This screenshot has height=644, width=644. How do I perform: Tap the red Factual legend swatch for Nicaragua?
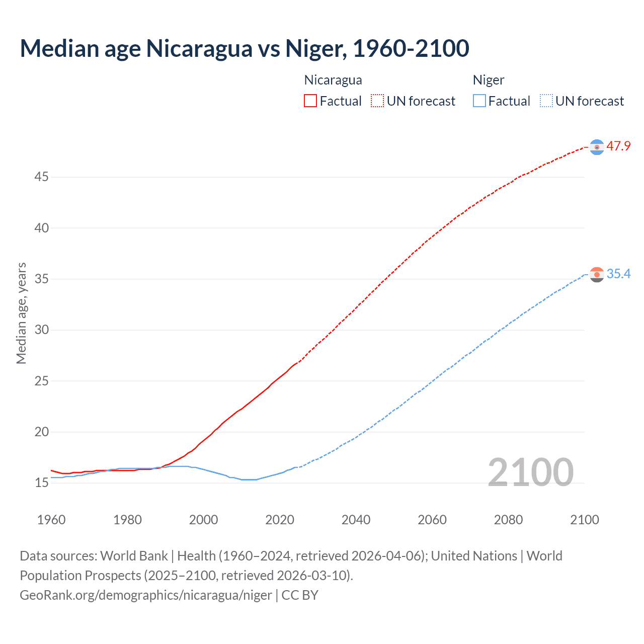pos(310,101)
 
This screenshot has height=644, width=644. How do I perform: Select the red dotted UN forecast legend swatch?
pos(377,101)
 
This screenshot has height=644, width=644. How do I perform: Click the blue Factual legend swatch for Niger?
pos(479,101)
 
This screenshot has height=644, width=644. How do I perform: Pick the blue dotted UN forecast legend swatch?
pos(546,101)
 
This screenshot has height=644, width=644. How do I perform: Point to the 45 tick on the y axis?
pos(42,177)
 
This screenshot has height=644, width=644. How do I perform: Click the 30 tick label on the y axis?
pos(42,330)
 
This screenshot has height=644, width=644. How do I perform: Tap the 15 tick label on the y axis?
pos(42,483)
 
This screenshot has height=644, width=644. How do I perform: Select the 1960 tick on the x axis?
pos(51,520)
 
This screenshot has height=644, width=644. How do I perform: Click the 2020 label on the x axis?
pos(280,520)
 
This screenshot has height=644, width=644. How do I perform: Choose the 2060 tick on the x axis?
pos(432,520)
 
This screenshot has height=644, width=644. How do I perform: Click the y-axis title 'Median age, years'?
pos(21,313)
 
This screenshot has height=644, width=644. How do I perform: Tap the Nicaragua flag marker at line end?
pos(597,147)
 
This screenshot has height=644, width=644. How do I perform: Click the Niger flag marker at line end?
pos(597,275)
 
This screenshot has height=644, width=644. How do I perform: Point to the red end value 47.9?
pos(618,146)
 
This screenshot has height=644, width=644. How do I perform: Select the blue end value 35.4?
pos(618,274)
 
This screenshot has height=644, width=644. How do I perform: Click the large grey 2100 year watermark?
pos(531,472)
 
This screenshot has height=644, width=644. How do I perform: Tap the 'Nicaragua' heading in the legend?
pos(333,80)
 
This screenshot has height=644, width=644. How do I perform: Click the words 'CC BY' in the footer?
pos(300,595)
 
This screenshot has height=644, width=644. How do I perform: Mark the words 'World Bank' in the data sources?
pos(134,556)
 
